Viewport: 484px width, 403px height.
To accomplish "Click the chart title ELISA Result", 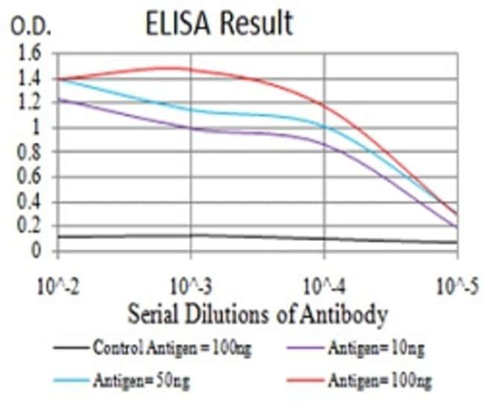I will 220,24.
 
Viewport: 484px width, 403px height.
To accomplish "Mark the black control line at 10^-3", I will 191,235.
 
